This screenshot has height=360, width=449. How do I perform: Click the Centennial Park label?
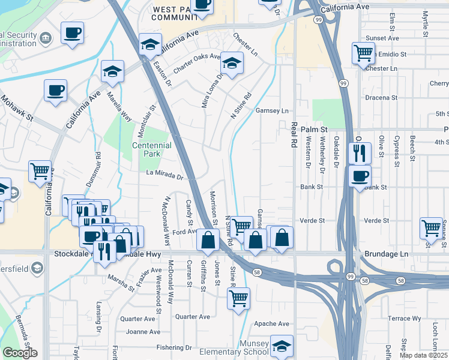pos(152,149)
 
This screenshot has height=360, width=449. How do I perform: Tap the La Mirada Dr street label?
pos(164,175)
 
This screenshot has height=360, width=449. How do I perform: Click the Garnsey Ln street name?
pos(273,111)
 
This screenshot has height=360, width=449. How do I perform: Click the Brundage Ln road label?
pos(386,254)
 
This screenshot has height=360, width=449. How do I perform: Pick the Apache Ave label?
pos(273,323)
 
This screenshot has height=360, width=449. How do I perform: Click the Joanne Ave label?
pos(143,331)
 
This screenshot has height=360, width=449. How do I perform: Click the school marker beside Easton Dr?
pos(150,43)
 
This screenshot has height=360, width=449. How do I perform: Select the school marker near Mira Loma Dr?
pos(231,62)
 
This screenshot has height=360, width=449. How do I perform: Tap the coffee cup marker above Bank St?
pos(360,176)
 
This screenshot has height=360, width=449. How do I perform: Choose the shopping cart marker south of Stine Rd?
pos(239,297)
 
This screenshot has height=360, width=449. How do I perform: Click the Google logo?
pos(20,353)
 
